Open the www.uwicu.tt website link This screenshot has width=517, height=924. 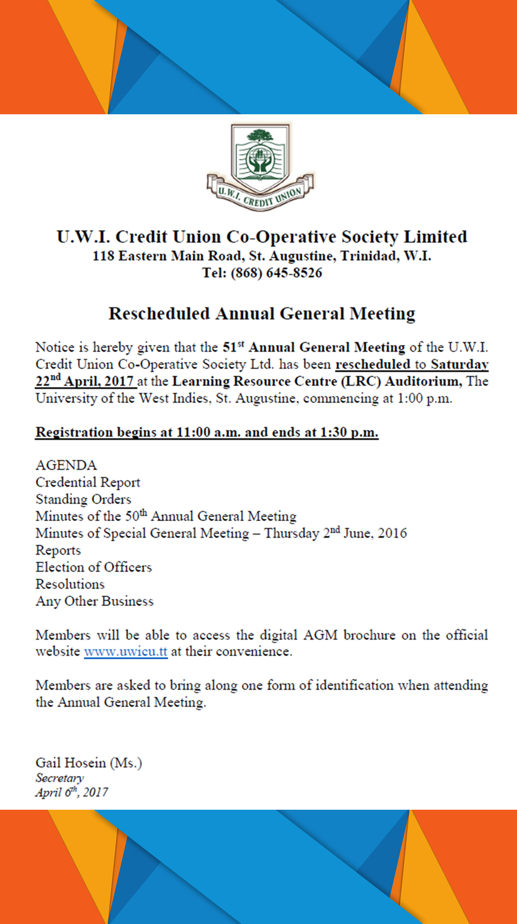126,652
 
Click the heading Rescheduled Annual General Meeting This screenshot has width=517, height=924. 262,314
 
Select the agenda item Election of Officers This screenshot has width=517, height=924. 94,567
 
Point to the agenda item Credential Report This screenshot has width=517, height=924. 88,482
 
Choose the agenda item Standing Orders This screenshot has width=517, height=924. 83,499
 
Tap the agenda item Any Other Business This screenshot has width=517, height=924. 95,601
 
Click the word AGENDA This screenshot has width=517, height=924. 66,465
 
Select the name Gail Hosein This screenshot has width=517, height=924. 71,763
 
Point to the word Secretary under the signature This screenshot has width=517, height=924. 59,778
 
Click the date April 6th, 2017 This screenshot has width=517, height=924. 71,793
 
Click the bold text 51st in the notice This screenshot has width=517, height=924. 233,347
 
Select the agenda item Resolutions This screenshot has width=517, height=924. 70,584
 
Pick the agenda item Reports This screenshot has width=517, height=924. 58,550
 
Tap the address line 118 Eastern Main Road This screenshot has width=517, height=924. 262,256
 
